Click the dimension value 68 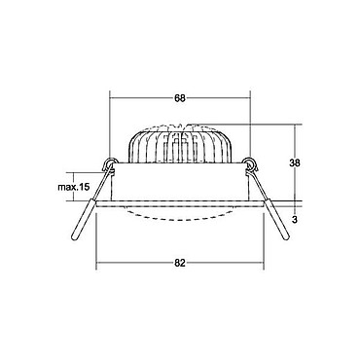coord(180,98)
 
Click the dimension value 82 coord(180,263)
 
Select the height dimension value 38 coord(295,162)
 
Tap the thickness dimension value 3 coord(295,220)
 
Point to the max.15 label coord(73,187)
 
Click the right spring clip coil coord(251,163)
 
